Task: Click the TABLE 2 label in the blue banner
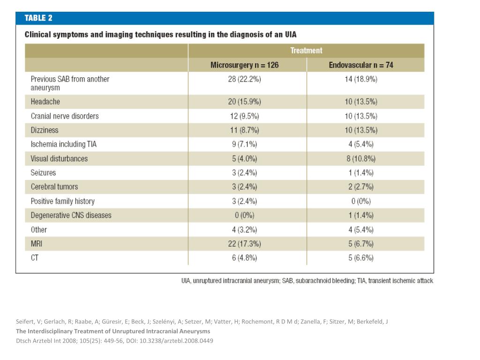[x=38, y=18]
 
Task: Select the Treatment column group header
[x=306, y=51]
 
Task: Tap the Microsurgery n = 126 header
[x=244, y=65]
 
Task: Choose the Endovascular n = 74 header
[x=361, y=65]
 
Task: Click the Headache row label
[x=45, y=102]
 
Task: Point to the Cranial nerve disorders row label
[x=65, y=116]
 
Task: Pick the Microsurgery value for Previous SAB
[x=244, y=79]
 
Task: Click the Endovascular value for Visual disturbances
[x=361, y=158]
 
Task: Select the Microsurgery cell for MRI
[x=244, y=244]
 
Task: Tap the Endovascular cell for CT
[x=361, y=258]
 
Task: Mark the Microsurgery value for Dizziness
[x=244, y=130]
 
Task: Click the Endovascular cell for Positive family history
[x=361, y=201]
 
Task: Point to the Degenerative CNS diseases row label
[x=71, y=215]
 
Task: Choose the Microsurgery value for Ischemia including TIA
[x=244, y=144]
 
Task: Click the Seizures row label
[x=43, y=172]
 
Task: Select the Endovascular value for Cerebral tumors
[x=361, y=187]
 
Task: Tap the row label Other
[x=38, y=230]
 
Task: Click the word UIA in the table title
[x=291, y=34]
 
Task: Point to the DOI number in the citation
[x=176, y=341]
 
